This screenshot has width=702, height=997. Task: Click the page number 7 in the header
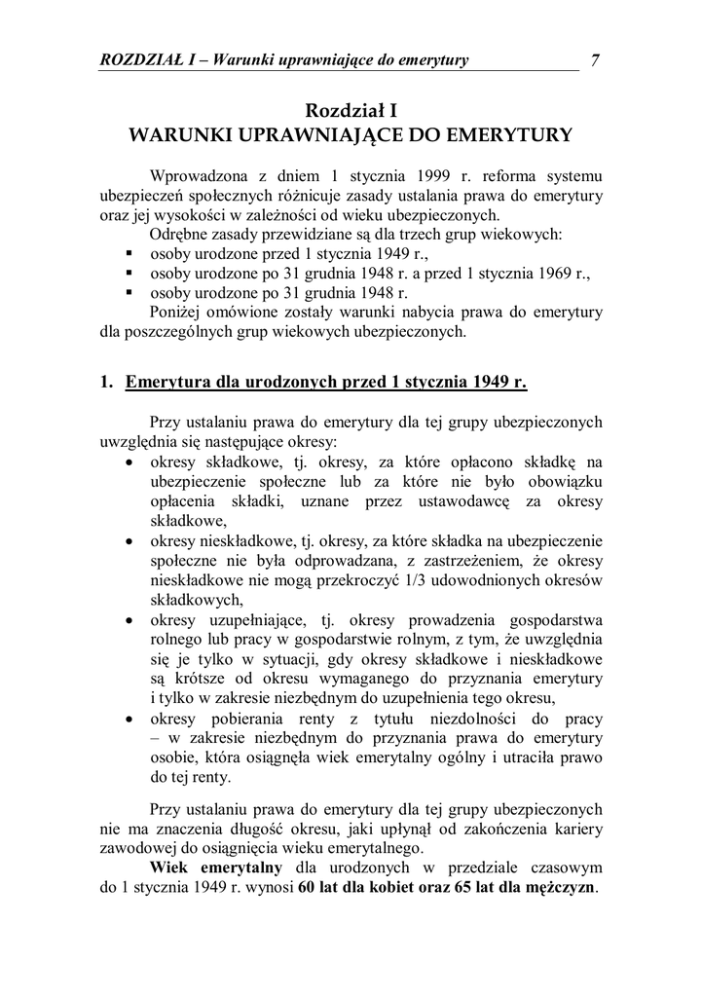(594, 60)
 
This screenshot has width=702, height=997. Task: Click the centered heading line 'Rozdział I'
(351, 111)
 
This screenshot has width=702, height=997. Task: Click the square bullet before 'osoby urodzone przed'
(129, 254)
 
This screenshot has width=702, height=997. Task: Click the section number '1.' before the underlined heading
(107, 382)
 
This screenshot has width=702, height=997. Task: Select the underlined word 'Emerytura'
(167, 382)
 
